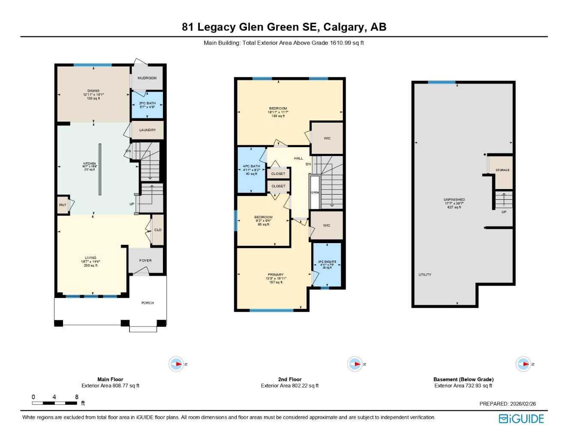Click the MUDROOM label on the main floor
(147, 78)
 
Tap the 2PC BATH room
(147, 105)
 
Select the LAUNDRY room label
(147, 130)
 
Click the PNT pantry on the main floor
(63, 205)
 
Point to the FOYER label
(145, 261)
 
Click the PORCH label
(147, 303)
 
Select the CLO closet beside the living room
(158, 230)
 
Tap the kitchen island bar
(100, 169)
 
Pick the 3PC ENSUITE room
(327, 265)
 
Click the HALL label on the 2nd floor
(298, 158)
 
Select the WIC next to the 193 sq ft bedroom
(327, 138)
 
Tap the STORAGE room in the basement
(502, 171)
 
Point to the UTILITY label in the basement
(425, 275)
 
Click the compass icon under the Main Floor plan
(176, 364)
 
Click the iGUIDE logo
(521, 419)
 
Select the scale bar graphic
(54, 403)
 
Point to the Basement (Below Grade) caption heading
(463, 379)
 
